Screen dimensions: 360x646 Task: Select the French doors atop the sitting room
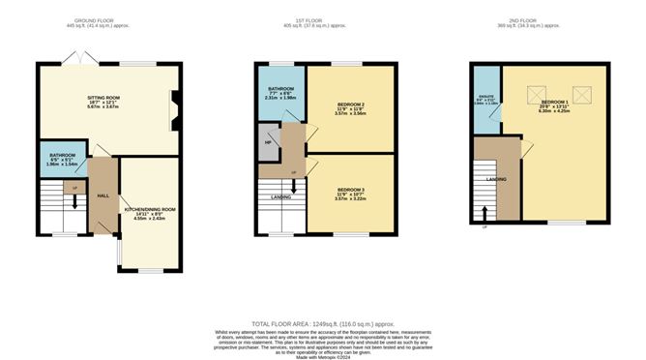pos(74,60)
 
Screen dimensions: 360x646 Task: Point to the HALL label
pos(102,195)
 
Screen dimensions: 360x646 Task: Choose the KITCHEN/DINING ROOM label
pos(149,209)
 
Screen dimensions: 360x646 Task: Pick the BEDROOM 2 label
pos(349,104)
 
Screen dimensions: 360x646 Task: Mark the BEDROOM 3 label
pos(350,190)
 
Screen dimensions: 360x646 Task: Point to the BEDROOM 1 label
pos(554,102)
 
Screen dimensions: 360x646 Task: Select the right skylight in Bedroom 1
pos(581,94)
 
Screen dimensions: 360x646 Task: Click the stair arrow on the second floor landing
pos(485,212)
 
